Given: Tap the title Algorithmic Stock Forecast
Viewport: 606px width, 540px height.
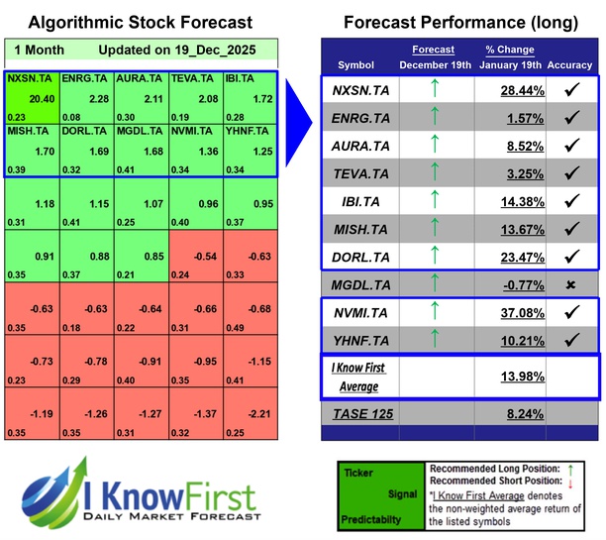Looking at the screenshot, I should point(140,22).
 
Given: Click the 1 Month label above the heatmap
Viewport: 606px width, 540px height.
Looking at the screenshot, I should point(37,49).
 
